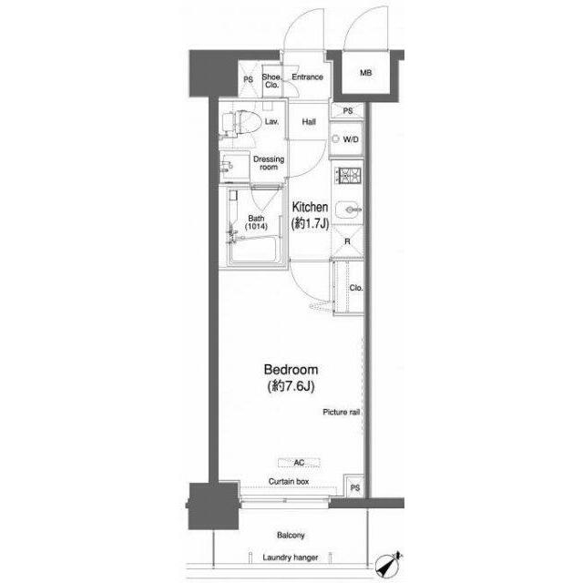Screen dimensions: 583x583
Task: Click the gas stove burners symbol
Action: click(348, 176)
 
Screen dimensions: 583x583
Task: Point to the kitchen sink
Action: click(348, 210)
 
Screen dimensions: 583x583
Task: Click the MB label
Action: click(366, 73)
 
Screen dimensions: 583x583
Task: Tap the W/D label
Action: click(351, 139)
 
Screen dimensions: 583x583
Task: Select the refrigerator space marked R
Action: click(347, 241)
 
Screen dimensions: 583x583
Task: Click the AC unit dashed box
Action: click(299, 463)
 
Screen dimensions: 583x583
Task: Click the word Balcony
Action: click(291, 536)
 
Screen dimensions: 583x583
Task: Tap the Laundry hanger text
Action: click(291, 557)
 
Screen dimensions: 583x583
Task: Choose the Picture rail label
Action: click(341, 412)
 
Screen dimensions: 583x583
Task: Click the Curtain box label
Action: click(289, 482)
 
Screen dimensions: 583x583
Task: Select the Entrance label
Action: click(308, 77)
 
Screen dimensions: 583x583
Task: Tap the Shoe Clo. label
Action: click(271, 81)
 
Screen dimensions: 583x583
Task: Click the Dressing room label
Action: click(269, 163)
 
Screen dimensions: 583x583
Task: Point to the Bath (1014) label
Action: click(256, 222)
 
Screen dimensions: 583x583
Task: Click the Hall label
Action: click(309, 122)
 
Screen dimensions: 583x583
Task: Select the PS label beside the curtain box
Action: click(355, 488)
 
